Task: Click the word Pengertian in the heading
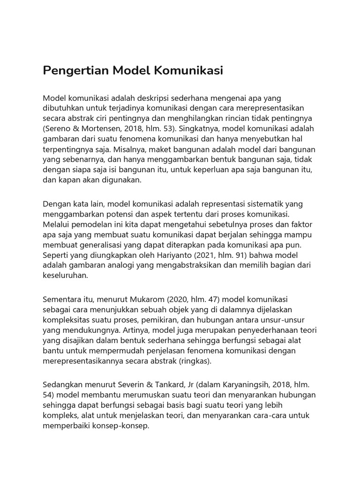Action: click(x=75, y=71)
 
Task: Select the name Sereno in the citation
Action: click(x=60, y=128)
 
